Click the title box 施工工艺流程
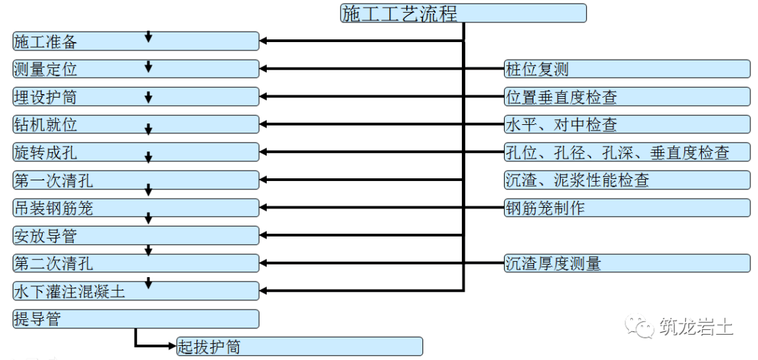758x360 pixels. [463, 13]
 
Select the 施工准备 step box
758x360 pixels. [136, 41]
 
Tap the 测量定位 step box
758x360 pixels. [136, 69]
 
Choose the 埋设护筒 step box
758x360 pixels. [136, 97]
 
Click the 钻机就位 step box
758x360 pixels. [136, 124]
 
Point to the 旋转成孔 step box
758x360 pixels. [136, 152]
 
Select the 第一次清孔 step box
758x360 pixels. [136, 180]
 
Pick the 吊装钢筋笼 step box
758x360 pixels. [136, 208]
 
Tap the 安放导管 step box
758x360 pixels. [136, 235]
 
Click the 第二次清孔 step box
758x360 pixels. [136, 263]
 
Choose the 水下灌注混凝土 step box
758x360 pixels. [136, 291]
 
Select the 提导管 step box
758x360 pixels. [136, 319]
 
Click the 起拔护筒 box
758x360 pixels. [300, 347]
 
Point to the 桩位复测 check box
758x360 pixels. [627, 69]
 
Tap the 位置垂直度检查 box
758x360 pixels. [627, 97]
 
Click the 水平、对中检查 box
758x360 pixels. [627, 124]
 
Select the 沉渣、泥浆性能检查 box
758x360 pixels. [627, 180]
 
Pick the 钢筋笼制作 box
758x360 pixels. [627, 208]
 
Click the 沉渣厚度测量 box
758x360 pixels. [627, 263]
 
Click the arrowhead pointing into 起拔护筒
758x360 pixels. [173, 346]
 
